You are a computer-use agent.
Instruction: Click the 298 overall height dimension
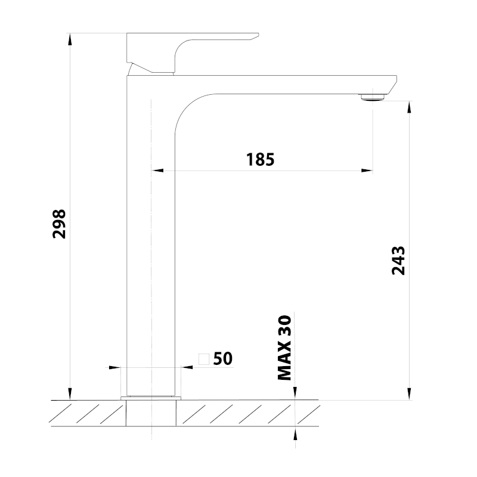coord(59,224)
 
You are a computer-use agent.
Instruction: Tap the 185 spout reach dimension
coord(260,159)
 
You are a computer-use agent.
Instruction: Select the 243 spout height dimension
coord(398,261)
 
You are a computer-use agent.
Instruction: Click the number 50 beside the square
coord(223,358)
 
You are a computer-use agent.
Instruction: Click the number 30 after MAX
coord(285,326)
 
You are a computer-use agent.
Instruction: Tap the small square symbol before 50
coord(204,359)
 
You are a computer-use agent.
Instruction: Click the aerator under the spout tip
coord(373,97)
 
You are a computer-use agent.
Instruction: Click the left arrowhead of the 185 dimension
coord(157,171)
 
